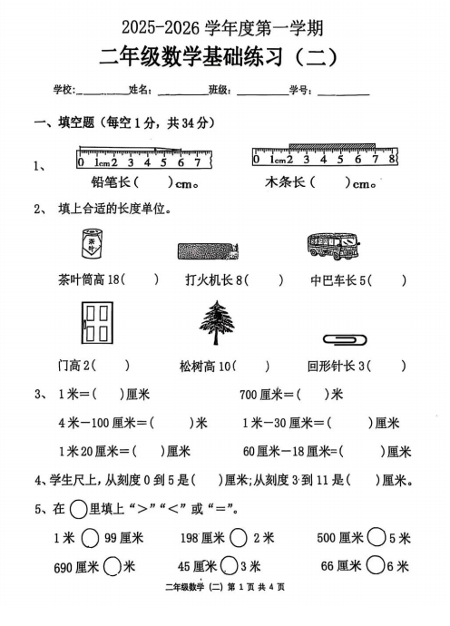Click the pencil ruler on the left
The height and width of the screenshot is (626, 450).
pyautogui.click(x=144, y=161)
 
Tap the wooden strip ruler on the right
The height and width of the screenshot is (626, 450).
pyautogui.click(x=325, y=158)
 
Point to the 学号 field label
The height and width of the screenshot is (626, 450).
pyautogui.click(x=299, y=90)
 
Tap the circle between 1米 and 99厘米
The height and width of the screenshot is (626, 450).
pyautogui.click(x=90, y=537)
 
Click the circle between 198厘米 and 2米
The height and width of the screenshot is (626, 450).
pyautogui.click(x=239, y=537)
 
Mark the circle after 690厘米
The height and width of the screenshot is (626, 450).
pyautogui.click(x=112, y=566)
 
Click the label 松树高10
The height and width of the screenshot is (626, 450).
pyautogui.click(x=208, y=367)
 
